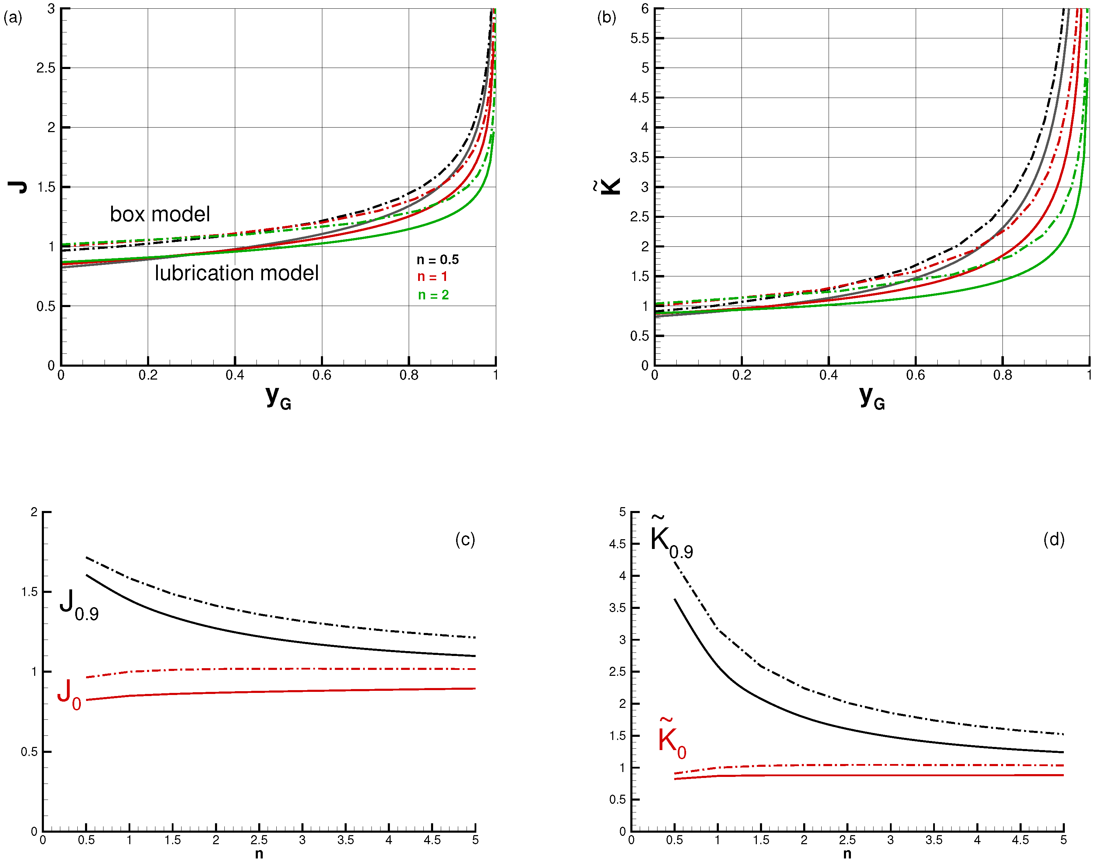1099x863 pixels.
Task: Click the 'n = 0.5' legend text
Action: [437, 260]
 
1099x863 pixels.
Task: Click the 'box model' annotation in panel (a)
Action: [160, 214]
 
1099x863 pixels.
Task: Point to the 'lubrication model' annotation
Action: [236, 273]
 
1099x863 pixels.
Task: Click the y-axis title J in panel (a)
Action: [18, 187]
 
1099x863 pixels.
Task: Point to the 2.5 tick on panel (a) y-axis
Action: [46, 68]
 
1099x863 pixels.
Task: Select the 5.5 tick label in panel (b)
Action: [639, 38]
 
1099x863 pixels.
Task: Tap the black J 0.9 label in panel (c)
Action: [79, 605]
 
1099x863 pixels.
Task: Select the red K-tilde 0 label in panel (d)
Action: [672, 739]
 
